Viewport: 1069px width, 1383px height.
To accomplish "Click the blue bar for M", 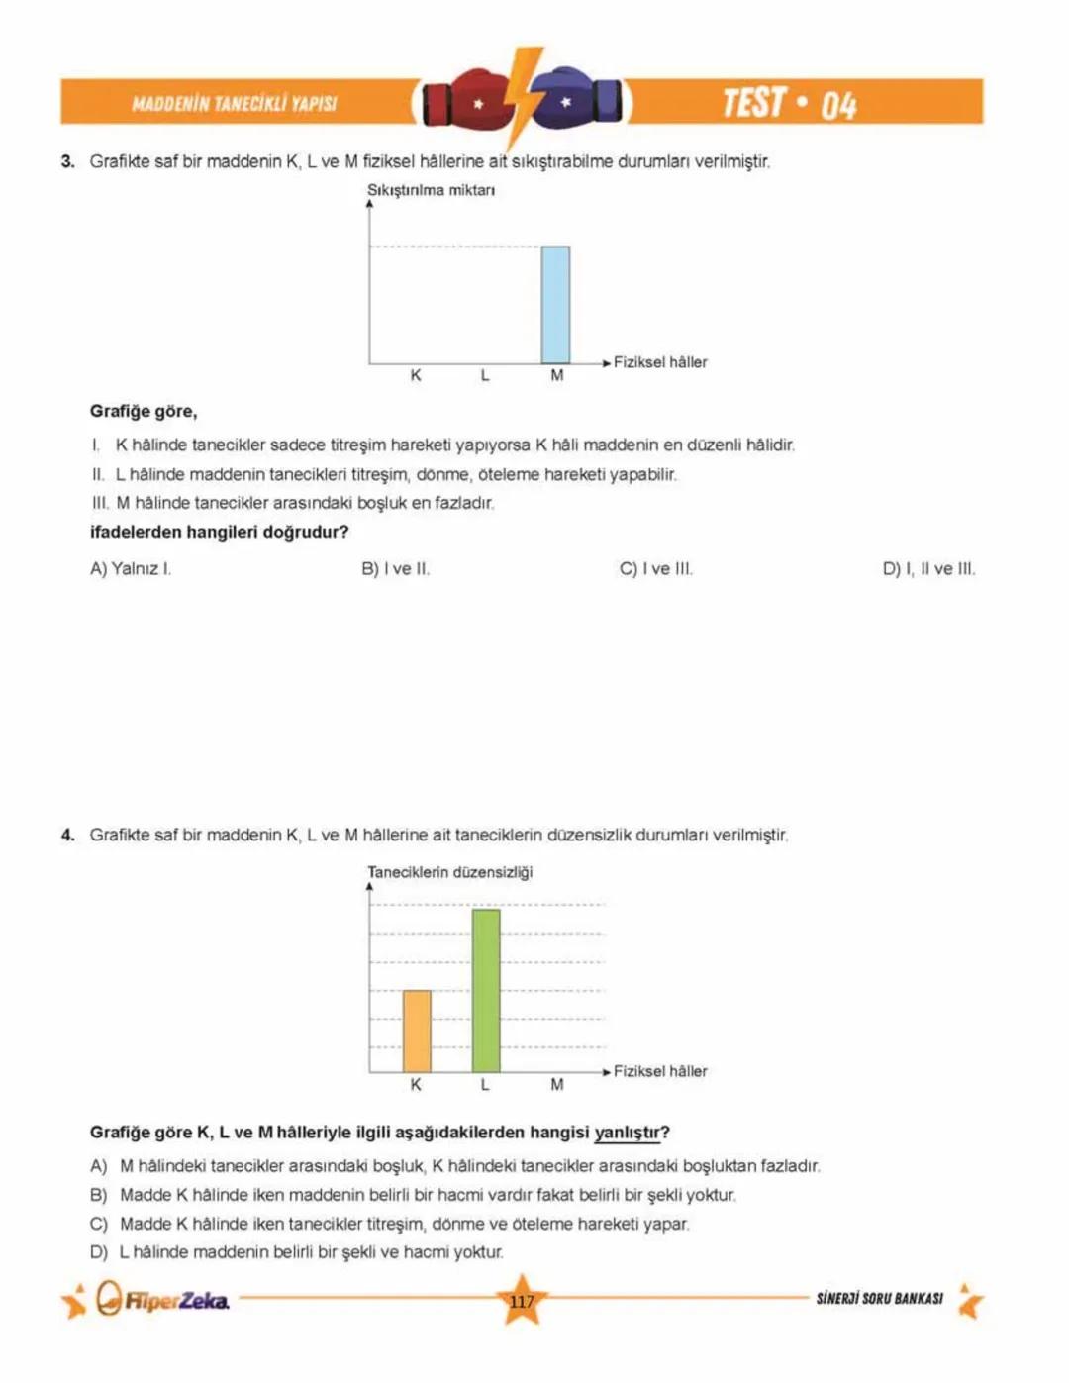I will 555,305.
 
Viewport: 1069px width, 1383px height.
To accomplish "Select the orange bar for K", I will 417,1031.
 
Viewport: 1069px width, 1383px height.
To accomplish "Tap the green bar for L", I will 486,990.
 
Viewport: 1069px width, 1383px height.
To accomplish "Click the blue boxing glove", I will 579,100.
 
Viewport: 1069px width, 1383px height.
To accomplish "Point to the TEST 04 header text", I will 789,103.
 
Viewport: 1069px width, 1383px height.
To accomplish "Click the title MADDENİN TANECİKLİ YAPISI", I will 235,104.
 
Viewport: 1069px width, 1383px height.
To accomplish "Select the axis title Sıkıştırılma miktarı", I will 431,190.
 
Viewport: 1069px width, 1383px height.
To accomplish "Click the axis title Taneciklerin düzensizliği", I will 449,872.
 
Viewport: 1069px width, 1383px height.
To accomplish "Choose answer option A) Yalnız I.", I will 131,569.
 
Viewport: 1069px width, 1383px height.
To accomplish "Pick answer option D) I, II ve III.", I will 928,569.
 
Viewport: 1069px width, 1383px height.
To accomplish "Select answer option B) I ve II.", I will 395,569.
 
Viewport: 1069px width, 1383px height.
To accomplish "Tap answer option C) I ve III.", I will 655,569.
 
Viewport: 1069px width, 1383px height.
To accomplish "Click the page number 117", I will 522,1302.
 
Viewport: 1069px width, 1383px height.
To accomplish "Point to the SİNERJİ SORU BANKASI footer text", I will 879,1298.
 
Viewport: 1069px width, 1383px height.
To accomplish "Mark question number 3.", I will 67,161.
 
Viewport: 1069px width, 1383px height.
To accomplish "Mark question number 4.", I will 67,835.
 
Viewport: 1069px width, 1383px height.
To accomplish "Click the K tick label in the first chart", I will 416,376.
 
